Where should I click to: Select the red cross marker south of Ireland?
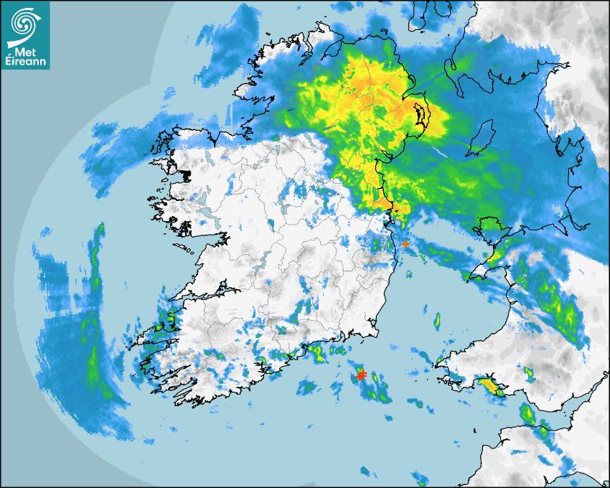[362, 375]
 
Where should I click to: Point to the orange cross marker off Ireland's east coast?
[405, 244]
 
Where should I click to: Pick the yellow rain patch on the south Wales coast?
[491, 388]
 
